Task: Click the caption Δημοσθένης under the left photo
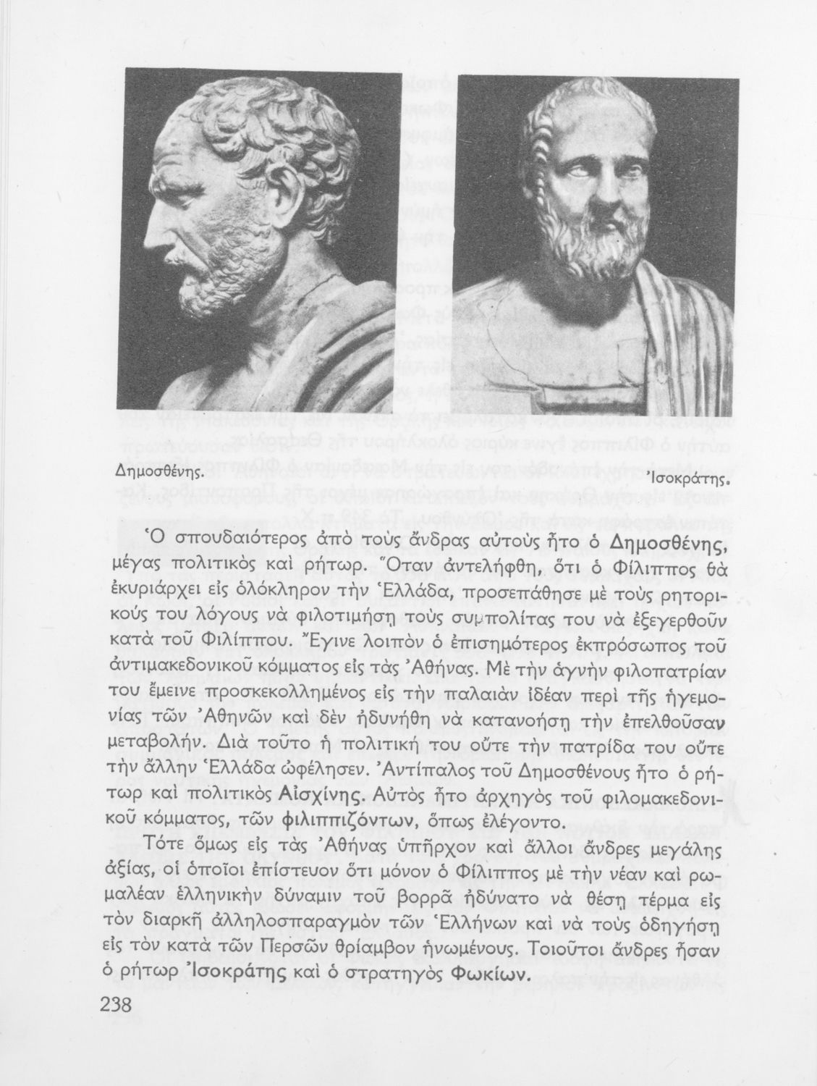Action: click(x=157, y=471)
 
